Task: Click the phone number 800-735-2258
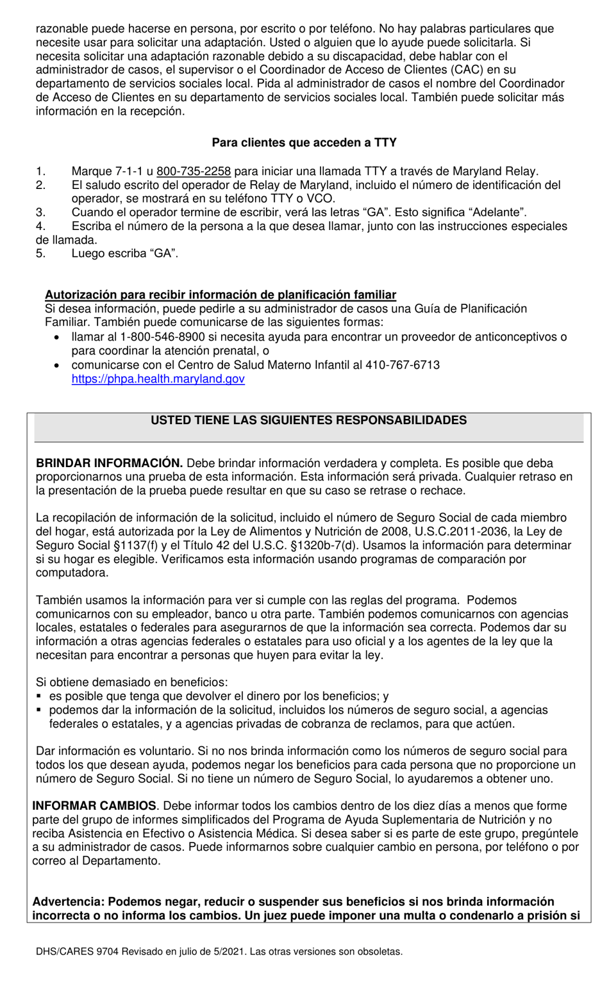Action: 194,171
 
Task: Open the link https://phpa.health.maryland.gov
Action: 158,379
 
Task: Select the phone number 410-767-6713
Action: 403,365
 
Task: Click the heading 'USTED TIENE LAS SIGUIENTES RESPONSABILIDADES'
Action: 308,420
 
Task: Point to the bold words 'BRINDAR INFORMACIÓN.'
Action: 110,463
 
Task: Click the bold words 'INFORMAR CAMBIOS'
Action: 94,806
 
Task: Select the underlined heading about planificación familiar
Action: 221,295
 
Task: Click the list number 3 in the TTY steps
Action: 40,212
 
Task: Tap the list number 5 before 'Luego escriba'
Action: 40,253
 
